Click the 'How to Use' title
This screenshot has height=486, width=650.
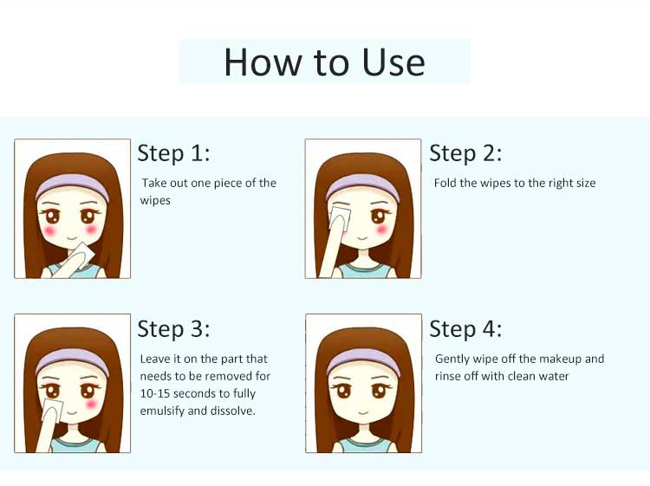325,62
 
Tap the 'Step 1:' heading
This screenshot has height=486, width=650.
173,152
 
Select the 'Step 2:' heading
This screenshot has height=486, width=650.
465,152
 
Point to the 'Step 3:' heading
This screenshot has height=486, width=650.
173,328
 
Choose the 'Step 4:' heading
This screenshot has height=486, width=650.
465,328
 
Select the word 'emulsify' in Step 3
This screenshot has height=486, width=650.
162,411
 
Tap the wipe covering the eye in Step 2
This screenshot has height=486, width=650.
340,216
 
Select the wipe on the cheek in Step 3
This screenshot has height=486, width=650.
53,409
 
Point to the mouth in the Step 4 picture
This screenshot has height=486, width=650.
363,413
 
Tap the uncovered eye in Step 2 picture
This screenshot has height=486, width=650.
378,216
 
